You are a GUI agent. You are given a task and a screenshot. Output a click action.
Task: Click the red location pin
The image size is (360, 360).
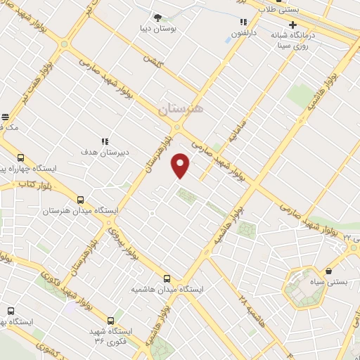pyautogui.click(x=181, y=165)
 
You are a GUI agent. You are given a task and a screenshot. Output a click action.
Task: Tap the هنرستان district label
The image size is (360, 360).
pyautogui.click(x=180, y=109)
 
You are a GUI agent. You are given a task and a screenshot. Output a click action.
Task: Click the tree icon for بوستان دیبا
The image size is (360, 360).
pyautogui.click(x=157, y=17)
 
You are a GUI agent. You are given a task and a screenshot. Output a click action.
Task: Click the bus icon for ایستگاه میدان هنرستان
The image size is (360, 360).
pyautogui.click(x=80, y=200)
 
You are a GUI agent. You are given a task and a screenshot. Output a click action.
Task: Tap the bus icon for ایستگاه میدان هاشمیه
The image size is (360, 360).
pyautogui.click(x=167, y=278)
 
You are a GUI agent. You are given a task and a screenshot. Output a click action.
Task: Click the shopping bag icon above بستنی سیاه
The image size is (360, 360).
pyautogui.click(x=328, y=271)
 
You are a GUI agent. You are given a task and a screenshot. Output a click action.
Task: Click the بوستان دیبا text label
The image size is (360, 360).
pyautogui.click(x=158, y=30)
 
